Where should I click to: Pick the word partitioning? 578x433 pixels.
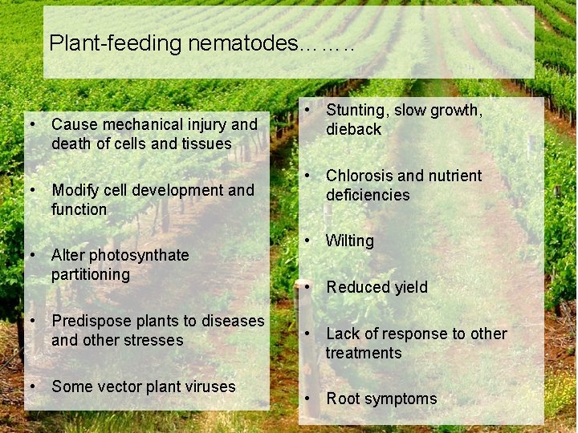(x=91, y=274)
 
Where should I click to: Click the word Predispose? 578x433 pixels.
(x=88, y=321)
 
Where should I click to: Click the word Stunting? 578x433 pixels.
(x=358, y=110)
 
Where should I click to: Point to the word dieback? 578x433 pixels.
(x=353, y=129)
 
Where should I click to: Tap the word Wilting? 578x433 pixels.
(x=350, y=241)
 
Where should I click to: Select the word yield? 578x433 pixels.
(x=410, y=287)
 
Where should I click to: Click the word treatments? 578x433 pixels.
(x=364, y=353)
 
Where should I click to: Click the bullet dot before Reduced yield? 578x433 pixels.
(x=307, y=286)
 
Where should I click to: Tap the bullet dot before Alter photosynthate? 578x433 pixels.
(x=32, y=255)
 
